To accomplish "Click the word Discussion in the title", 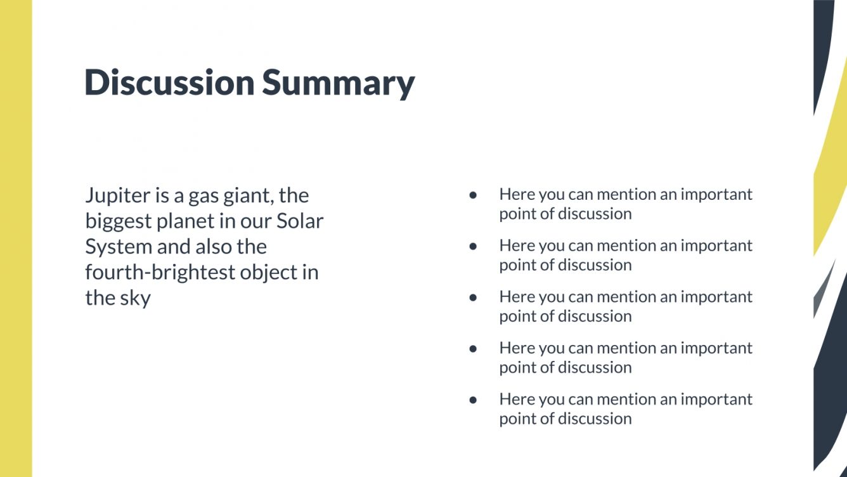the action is [x=169, y=82].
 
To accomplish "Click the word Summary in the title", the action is [x=339, y=84].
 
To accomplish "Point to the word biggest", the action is [x=119, y=221].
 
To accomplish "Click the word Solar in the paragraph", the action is [x=300, y=221].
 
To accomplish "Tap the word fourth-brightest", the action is [x=160, y=273].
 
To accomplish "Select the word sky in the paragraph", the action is [x=135, y=299].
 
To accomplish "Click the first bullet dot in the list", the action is [x=473, y=195].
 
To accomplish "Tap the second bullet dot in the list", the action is [x=473, y=247].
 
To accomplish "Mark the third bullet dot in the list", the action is [x=473, y=297].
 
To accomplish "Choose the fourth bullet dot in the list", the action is [x=473, y=349].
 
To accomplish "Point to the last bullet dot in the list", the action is [x=473, y=400].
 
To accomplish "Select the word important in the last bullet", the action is [x=716, y=400].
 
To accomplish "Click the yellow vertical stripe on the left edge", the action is [x=16, y=238].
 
